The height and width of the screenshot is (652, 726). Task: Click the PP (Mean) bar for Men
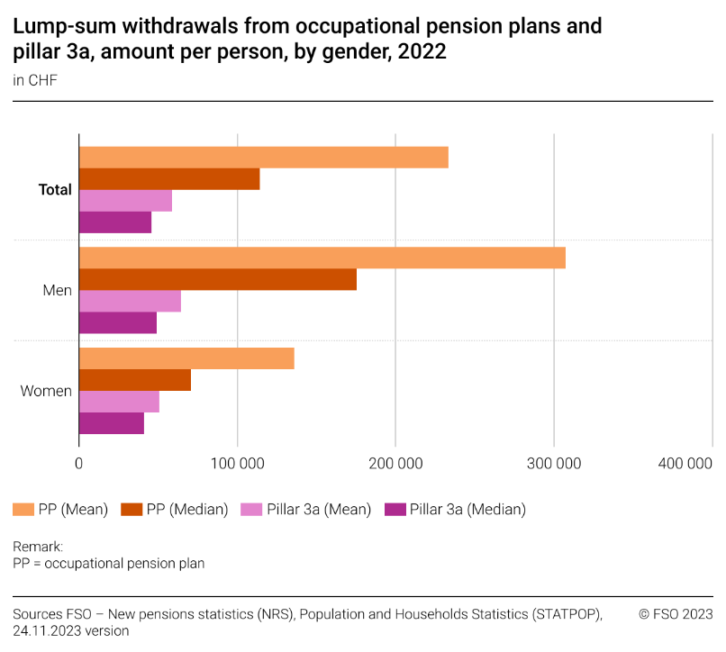[322, 258]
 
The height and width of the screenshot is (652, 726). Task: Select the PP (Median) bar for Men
[218, 279]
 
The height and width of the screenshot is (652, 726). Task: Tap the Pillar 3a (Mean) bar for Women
[119, 402]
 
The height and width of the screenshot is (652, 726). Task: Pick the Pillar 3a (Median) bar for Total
[115, 222]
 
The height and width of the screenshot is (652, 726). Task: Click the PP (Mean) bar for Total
[264, 158]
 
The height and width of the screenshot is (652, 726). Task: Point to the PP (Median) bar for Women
[135, 380]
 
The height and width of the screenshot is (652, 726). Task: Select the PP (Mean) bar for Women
[186, 358]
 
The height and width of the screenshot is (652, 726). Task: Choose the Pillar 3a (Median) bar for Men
[118, 322]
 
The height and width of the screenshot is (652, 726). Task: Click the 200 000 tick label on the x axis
[396, 464]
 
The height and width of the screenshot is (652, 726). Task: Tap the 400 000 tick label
[686, 464]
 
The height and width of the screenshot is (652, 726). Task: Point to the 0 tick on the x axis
[79, 464]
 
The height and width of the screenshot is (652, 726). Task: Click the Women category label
[46, 391]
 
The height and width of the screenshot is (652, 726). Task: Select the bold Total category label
[55, 190]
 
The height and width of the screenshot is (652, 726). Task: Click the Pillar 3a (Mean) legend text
[318, 510]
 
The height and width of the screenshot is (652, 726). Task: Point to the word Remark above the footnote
[37, 547]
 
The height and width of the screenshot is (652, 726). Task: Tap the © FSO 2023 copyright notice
[676, 614]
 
